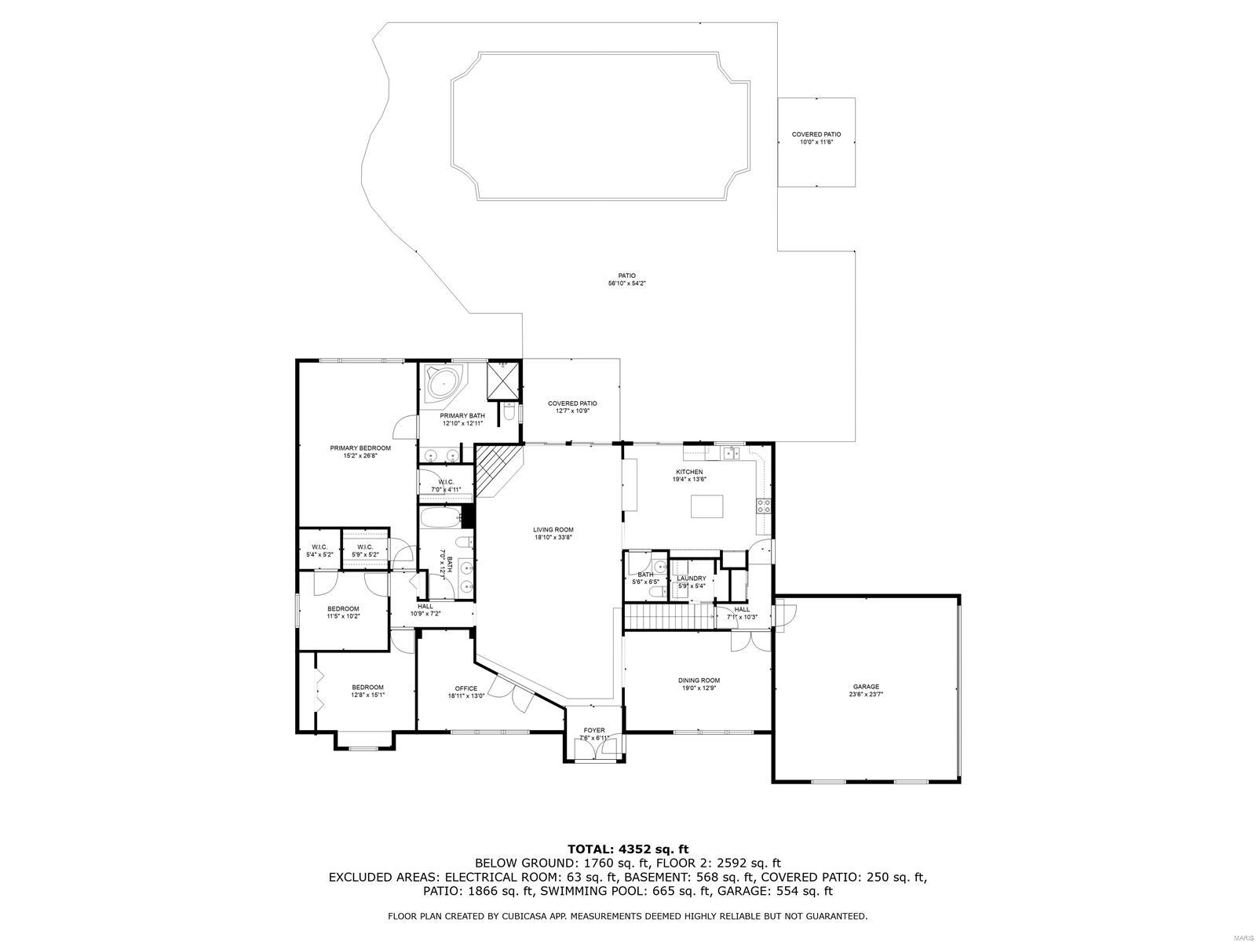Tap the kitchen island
pos(706,506)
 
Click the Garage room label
pos(866,690)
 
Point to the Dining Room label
pos(699,684)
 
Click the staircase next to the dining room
pos(667,617)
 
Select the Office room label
pos(466,692)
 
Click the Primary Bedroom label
pos(360,451)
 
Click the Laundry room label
pos(692,581)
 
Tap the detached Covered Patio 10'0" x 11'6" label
pos(816,138)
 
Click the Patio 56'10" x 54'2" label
pos(626,279)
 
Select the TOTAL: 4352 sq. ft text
pos(627,849)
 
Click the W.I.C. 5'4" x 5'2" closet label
pos(319,550)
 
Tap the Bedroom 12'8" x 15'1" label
pos(367,690)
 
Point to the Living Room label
pos(553,533)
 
